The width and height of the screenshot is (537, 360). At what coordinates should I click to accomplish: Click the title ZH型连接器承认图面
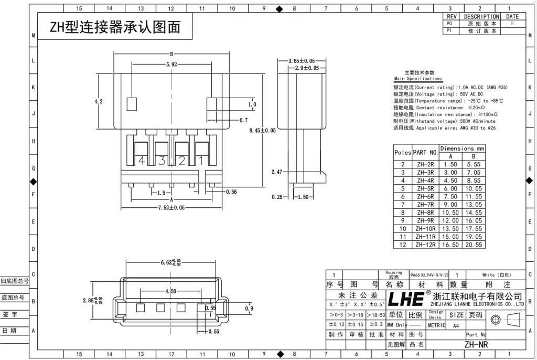pos(115,27)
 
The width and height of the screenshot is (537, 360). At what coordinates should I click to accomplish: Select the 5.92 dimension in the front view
pos(171,65)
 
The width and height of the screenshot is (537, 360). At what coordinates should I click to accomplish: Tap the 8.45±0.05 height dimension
pos(262,130)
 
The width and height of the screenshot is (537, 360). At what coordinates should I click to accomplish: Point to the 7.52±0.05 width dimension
pos(171,208)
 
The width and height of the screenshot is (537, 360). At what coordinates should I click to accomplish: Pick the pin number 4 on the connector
pos(141,161)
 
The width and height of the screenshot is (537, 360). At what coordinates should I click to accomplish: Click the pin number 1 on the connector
pos(200,161)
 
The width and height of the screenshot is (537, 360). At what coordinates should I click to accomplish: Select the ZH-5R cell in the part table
pos(425,188)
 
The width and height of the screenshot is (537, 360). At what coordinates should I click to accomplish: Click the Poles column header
pos(402,153)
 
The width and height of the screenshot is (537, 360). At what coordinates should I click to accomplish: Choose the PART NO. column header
pos(425,153)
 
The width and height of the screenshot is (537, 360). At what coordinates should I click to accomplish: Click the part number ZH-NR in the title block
pos(476,345)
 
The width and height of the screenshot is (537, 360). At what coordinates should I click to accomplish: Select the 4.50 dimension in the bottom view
pos(170,291)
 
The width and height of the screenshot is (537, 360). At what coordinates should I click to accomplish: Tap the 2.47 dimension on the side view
pos(277,172)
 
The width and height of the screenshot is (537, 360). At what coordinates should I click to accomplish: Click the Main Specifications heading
pos(417,79)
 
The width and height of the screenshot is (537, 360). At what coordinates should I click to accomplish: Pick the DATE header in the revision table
pos(512,17)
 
